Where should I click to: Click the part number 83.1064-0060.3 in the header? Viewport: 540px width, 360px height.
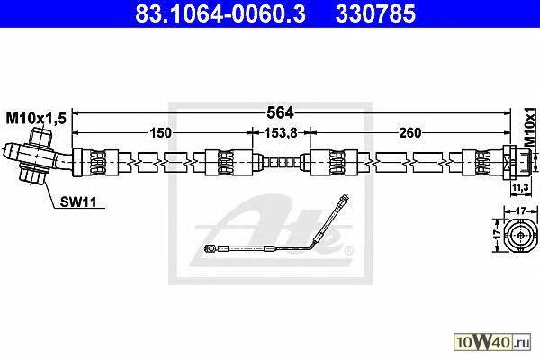[220, 14]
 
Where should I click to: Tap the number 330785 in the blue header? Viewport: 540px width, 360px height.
[375, 14]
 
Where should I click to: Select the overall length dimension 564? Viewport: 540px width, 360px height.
[280, 112]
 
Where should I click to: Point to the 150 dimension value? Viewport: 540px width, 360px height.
[161, 132]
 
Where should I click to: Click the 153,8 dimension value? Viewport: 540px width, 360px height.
[280, 133]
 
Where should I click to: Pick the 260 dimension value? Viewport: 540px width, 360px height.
[409, 132]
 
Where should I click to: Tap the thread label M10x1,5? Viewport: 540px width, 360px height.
[36, 119]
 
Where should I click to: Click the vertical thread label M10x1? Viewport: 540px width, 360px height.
[530, 127]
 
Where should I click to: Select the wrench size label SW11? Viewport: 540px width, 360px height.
[78, 202]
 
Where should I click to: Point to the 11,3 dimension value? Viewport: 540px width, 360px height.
[520, 188]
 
